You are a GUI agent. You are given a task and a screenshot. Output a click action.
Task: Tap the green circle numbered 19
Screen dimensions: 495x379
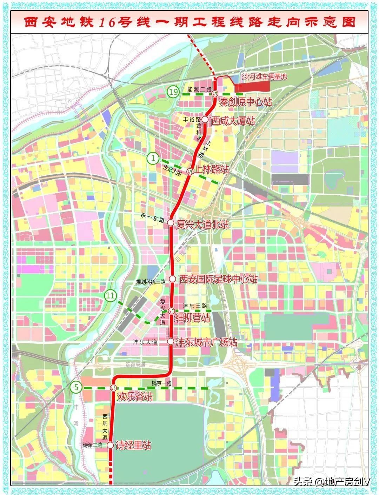[x=172, y=92]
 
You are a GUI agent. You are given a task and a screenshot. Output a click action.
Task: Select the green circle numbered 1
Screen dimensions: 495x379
[x=153, y=158]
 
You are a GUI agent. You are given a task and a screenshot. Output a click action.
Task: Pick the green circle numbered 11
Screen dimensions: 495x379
[x=110, y=296]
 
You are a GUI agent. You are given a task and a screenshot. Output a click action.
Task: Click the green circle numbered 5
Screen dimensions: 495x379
[x=76, y=388]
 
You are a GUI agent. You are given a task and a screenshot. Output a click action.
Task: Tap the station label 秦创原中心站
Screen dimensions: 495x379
[x=245, y=102]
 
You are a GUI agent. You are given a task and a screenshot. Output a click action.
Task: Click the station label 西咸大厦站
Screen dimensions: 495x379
[x=232, y=121]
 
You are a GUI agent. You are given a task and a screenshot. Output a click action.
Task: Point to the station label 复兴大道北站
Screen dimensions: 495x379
[x=202, y=225]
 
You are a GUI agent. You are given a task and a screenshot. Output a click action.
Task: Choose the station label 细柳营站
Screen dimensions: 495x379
[x=192, y=317]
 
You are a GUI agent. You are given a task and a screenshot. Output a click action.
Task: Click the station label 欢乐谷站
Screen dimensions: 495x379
[x=135, y=397]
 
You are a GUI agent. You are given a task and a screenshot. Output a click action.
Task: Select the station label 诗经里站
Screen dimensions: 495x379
[x=133, y=446]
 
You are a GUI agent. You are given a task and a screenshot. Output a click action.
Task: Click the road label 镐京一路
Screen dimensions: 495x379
[x=161, y=383]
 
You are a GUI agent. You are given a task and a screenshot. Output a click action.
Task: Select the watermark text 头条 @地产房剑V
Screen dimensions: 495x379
[x=332, y=481]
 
